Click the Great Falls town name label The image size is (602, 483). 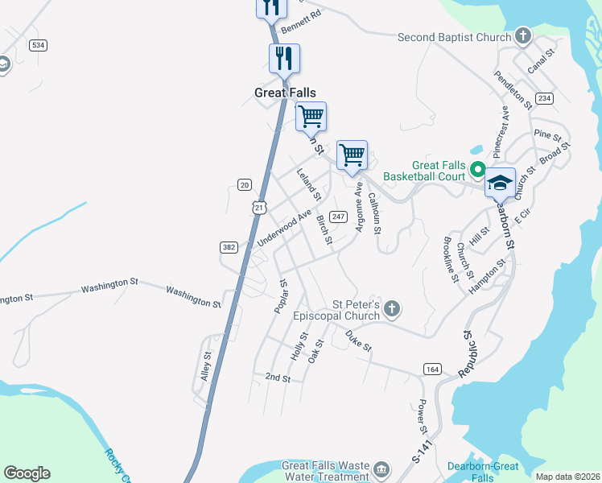(x=285, y=93)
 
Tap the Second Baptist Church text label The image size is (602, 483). (x=455, y=37)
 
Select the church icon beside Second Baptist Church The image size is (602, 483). (x=523, y=36)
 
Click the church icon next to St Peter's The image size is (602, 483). (x=391, y=309)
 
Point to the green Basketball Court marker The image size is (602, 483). (x=476, y=169)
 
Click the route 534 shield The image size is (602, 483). (x=38, y=45)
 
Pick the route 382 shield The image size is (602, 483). (x=229, y=247)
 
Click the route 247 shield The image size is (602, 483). (x=338, y=217)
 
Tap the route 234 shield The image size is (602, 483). (x=545, y=97)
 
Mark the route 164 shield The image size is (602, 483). (x=432, y=369)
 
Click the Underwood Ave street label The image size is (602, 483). (x=283, y=229)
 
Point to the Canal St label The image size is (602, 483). (x=542, y=62)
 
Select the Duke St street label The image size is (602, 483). (x=358, y=341)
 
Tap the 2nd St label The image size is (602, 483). (x=277, y=378)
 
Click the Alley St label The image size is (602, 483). (x=206, y=366)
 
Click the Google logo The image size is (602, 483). (x=27, y=473)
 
